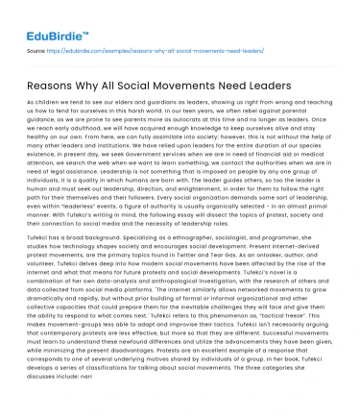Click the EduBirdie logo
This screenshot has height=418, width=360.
point(45,18)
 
